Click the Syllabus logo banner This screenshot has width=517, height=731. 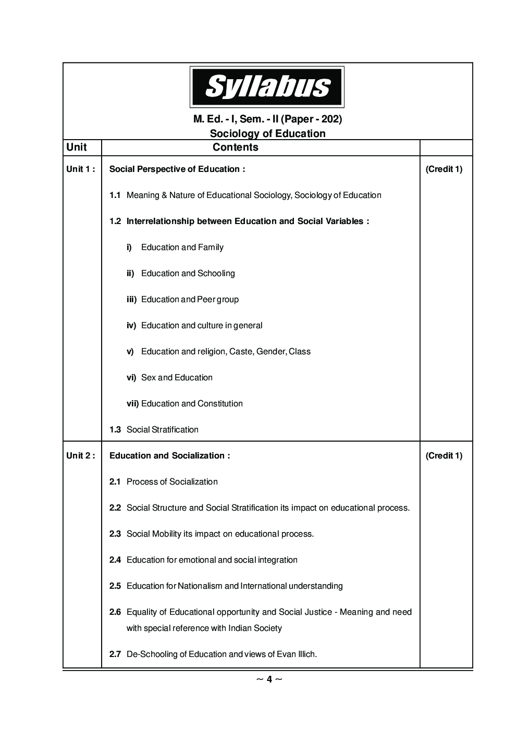[x=267, y=86]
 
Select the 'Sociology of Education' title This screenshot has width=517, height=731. [x=267, y=133]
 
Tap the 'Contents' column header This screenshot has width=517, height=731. [x=235, y=147]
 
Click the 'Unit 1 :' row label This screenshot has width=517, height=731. [x=80, y=169]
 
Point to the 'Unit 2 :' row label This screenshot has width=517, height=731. [x=80, y=455]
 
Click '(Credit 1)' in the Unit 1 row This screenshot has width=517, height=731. [x=444, y=169]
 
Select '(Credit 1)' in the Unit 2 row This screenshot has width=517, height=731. [x=444, y=455]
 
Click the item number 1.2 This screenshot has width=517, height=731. [x=115, y=221]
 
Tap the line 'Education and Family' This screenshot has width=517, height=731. [x=182, y=247]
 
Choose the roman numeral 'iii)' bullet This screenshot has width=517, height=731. [x=131, y=299]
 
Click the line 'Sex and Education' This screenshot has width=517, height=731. [x=177, y=377]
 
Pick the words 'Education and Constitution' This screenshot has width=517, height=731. [x=192, y=403]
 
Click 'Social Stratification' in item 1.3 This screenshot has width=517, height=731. [x=163, y=429]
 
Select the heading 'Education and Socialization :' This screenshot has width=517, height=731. [x=169, y=455]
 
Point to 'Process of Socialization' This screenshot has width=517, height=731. [x=172, y=481]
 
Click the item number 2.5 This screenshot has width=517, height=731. [x=115, y=586]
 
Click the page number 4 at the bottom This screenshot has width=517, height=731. [x=269, y=679]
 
